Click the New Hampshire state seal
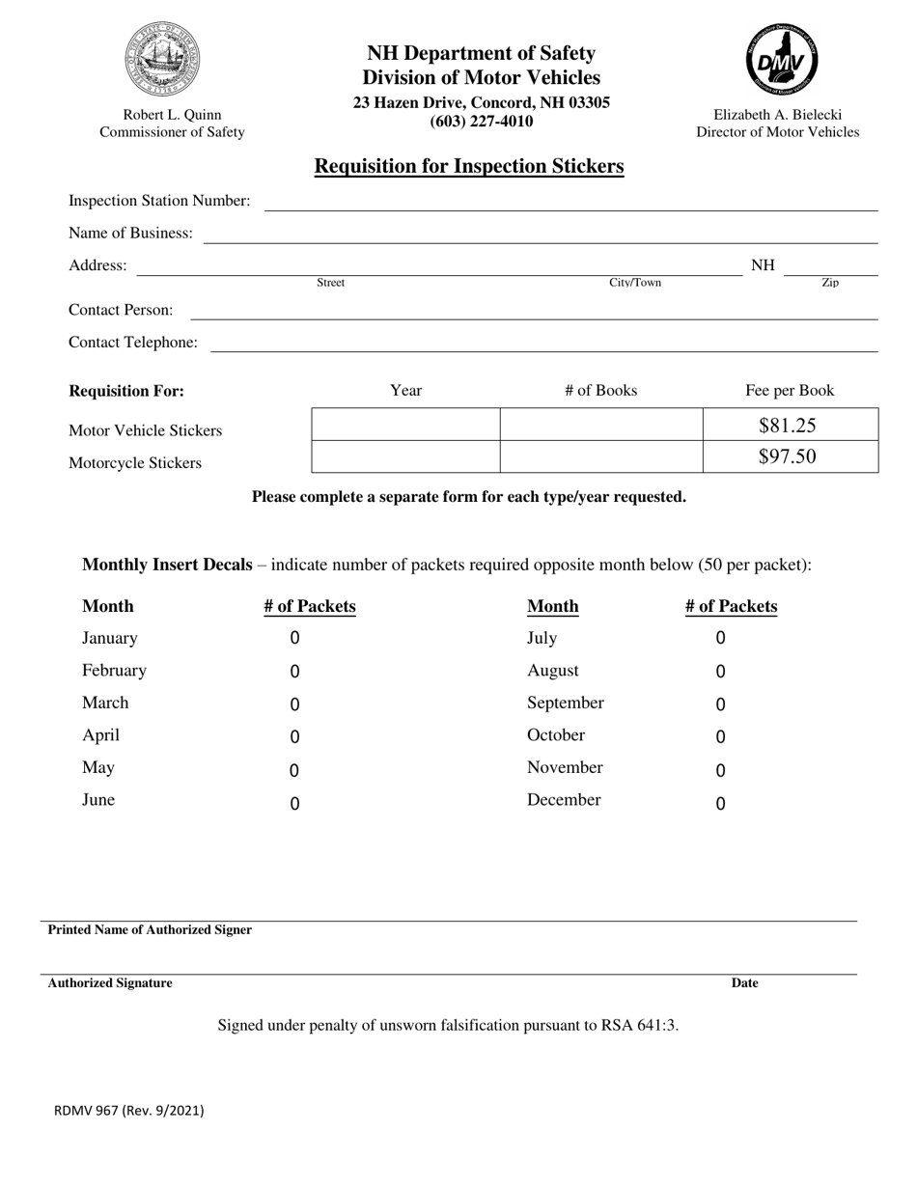point(161,60)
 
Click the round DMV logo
point(782,60)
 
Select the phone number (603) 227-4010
point(481,122)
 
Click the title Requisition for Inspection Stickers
point(469,166)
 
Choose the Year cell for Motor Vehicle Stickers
point(405,425)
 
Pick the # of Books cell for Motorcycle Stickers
point(600,456)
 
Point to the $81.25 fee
point(789,425)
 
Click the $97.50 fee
point(789,456)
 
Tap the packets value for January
point(294,638)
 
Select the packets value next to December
point(720,803)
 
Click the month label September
point(565,703)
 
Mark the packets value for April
point(294,737)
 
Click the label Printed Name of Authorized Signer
point(150,930)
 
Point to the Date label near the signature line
point(744,983)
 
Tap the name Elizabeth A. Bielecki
point(777,114)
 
